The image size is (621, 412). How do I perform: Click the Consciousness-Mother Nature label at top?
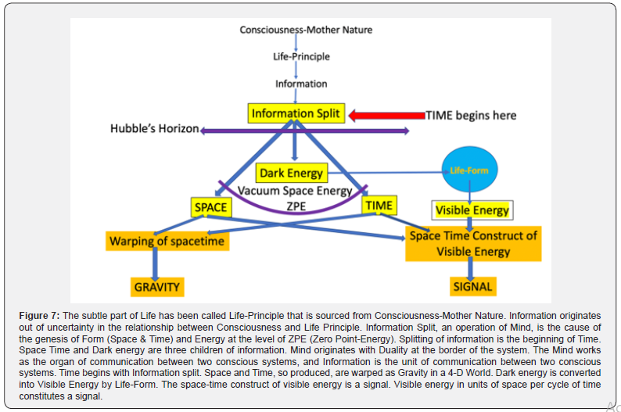coord(306,30)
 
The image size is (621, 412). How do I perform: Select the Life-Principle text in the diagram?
coord(301,56)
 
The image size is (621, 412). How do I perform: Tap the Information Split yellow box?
coord(296,113)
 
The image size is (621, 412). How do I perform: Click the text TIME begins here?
coord(471,116)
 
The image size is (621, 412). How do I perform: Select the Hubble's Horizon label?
coord(154,129)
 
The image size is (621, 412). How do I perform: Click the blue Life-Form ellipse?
coord(469,169)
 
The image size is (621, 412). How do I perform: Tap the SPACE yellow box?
coord(211,207)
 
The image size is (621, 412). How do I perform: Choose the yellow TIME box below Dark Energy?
coord(380,206)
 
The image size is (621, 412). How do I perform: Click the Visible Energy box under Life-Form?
coord(472,210)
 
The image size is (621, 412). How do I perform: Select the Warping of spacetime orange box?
coord(167,240)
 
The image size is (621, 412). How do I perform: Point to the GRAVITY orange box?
coord(156,287)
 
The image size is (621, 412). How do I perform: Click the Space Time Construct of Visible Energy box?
coord(473,243)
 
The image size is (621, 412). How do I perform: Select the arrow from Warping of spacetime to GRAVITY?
coord(156,264)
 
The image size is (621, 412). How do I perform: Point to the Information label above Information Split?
coord(301,84)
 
